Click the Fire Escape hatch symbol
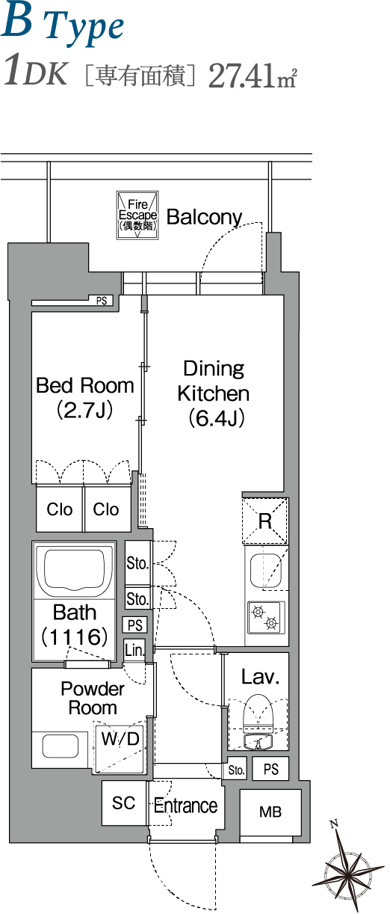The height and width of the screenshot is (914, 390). click(x=137, y=215)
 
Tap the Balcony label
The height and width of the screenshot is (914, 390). click(x=204, y=217)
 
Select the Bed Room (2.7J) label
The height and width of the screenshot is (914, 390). click(x=85, y=397)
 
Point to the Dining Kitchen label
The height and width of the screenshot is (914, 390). click(x=214, y=393)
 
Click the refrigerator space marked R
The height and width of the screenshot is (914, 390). click(x=265, y=521)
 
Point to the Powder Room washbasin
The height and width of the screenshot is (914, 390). click(x=61, y=746)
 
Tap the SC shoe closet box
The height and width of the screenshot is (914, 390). click(x=124, y=803)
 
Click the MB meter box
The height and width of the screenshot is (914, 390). click(x=270, y=812)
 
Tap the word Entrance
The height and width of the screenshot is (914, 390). click(x=186, y=806)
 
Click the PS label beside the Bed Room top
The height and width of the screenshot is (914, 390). click(x=102, y=301)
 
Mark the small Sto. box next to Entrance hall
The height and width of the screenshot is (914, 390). click(x=236, y=770)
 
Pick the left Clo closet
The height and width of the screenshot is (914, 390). click(x=60, y=509)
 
